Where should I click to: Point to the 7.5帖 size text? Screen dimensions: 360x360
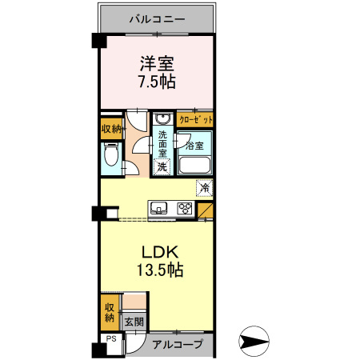click(157, 82)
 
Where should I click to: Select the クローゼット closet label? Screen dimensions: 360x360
click(196, 118)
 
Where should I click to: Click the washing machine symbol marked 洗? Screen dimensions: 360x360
click(162, 166)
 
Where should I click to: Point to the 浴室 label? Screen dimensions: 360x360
click(195, 146)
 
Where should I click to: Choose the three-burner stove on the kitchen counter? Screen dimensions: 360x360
click(184, 210)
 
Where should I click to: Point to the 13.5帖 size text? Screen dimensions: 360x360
click(157, 270)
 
